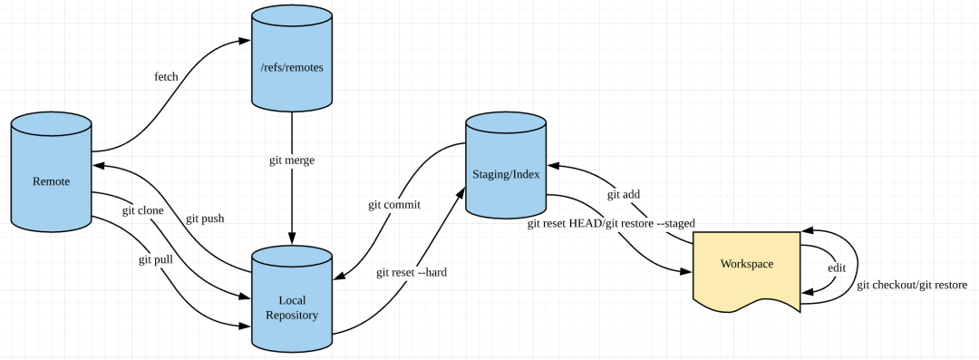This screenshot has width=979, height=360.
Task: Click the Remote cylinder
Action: coord(51,181)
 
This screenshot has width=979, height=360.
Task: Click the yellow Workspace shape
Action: coord(746,265)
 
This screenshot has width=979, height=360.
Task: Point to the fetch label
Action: coord(166,76)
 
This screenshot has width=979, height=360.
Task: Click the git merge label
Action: coord(292,160)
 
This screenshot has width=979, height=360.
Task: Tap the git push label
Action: coord(205,219)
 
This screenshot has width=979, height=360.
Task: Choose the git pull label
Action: coord(156,259)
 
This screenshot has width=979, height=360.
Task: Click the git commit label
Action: coord(394,204)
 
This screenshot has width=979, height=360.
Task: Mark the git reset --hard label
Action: coord(412,272)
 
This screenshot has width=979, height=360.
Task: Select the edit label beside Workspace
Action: coord(837,268)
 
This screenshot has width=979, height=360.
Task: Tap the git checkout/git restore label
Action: coord(912,285)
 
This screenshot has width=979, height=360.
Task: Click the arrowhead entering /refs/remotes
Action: coord(244,40)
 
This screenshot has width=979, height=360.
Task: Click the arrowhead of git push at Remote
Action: coord(98,166)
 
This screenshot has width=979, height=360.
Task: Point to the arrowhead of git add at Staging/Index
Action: coord(553,166)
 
